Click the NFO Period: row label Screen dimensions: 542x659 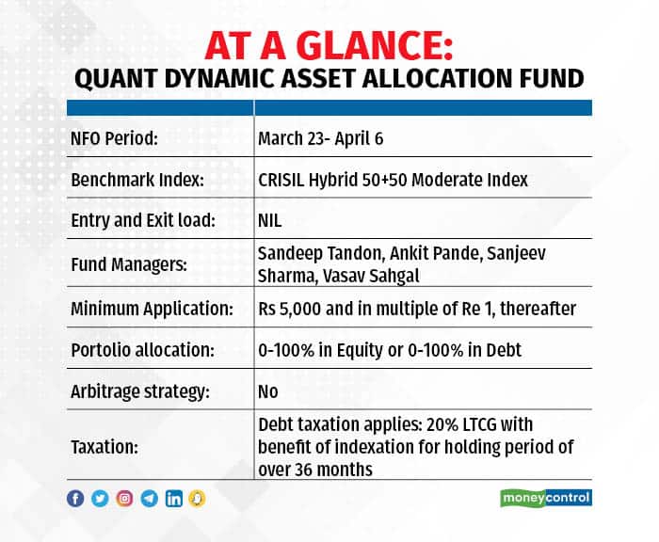pyautogui.click(x=114, y=138)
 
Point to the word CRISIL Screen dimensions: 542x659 pyautogui.click(x=281, y=180)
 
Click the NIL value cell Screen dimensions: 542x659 pyautogui.click(x=270, y=221)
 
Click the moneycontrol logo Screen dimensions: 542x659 pyautogui.click(x=545, y=497)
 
